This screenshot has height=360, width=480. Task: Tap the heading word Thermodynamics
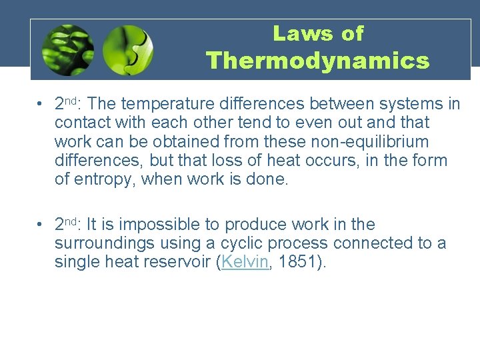tap(318, 61)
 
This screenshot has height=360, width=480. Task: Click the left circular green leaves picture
tap(67, 50)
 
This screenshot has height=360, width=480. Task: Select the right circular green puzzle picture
tap(128, 50)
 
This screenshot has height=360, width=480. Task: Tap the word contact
tap(79, 123)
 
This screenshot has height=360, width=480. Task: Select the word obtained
tap(174, 142)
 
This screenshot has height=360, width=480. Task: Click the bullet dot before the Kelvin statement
tap(41, 225)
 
